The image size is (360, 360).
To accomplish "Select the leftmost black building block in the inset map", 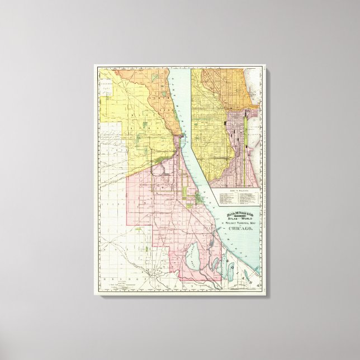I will click(x=225, y=122).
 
